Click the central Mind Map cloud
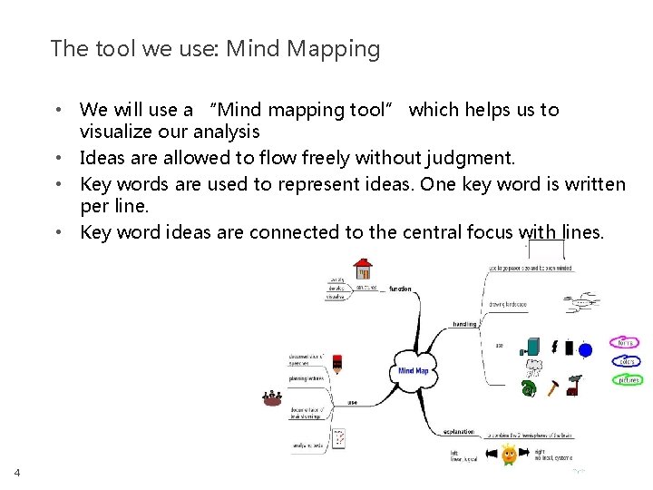tap(413, 369)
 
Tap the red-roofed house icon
tap(364, 269)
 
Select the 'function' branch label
tap(400, 289)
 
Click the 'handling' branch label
tap(464, 323)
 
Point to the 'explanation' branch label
tap(461, 432)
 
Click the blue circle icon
tap(585, 349)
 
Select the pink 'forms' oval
tap(626, 343)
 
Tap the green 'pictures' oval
tap(628, 380)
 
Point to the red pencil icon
tap(336, 365)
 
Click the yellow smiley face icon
tap(509, 454)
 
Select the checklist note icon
tap(338, 439)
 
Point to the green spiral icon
tap(529, 388)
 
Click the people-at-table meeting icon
tap(271, 397)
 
